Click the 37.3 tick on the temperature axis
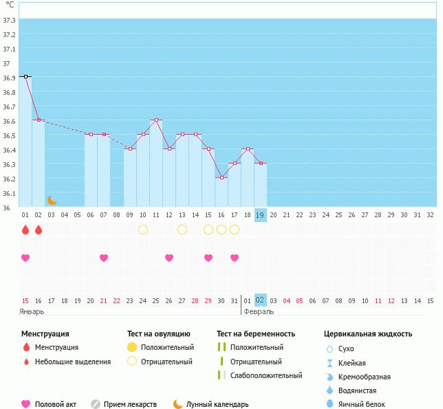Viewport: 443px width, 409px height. (x=9, y=20)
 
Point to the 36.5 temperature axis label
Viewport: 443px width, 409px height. (x=9, y=135)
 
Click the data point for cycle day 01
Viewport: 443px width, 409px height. (x=25, y=77)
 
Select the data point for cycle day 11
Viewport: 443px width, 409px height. (x=156, y=120)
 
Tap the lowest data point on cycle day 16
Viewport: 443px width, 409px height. (x=221, y=178)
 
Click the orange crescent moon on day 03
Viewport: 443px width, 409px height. (x=52, y=200)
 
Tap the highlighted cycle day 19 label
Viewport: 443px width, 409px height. (x=260, y=214)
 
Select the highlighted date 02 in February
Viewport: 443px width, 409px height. (x=260, y=300)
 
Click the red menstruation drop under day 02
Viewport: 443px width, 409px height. (x=39, y=230)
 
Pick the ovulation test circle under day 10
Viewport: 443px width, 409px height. (x=143, y=230)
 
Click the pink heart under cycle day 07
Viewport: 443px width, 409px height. (x=104, y=258)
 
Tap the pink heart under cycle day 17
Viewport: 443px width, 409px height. (x=234, y=258)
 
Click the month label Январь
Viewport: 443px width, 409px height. (x=32, y=311)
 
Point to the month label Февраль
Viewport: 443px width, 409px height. (x=258, y=311)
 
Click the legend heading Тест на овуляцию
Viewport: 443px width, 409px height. (x=159, y=334)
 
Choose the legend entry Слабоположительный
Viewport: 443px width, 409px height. (x=266, y=375)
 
